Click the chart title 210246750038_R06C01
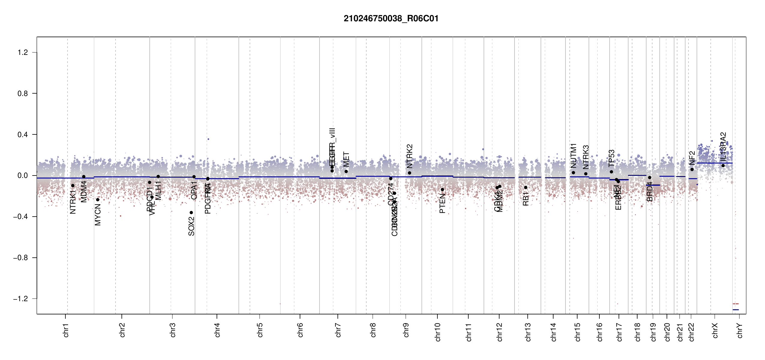391,19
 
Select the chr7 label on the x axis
338,330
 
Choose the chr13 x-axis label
528,332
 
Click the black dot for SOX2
191,213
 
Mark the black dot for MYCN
97,199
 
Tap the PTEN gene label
442,203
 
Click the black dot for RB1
526,187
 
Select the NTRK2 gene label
409,156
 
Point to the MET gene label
346,159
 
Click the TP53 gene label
611,158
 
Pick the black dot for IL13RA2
723,166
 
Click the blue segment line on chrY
736,310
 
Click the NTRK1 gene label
73,202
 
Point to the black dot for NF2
692,169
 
